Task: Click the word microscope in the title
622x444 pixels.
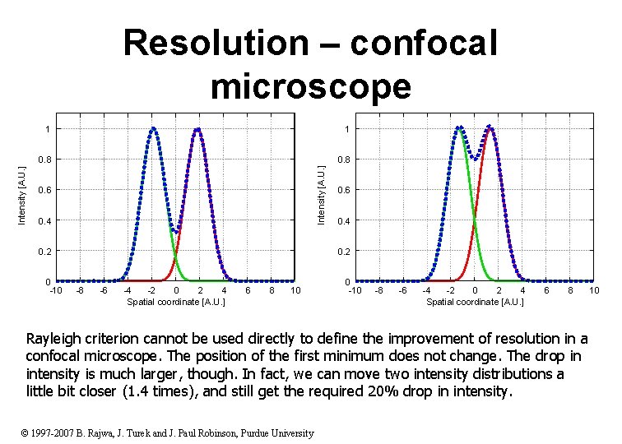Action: tap(310, 85)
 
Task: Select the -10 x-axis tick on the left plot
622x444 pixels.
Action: tap(56, 290)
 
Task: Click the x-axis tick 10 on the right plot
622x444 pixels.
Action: tap(593, 290)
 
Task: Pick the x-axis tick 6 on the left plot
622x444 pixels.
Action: tap(248, 290)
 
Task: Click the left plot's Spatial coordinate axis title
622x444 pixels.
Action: tap(175, 303)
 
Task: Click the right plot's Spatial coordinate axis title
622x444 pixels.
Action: tap(475, 303)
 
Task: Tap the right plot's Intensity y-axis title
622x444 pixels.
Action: tap(323, 194)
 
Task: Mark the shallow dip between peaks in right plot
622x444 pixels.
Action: tap(475, 156)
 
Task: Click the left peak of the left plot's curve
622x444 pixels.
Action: tap(153, 128)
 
